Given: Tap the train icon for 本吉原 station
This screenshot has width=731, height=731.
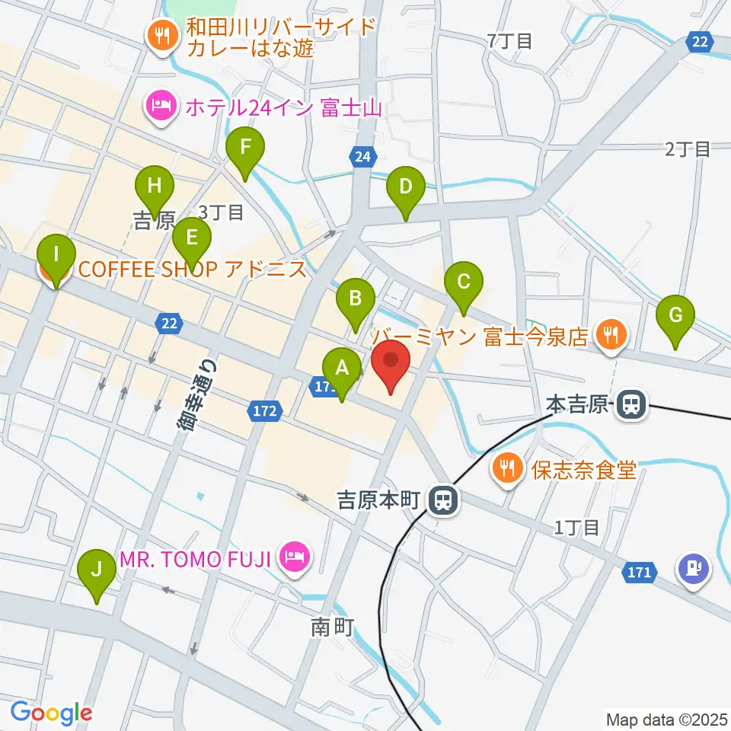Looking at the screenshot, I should (x=631, y=404).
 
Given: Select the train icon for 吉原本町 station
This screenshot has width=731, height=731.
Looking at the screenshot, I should (x=441, y=500).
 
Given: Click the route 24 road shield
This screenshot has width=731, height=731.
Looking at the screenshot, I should (x=364, y=157).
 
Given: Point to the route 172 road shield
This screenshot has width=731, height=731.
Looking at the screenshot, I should (x=262, y=412).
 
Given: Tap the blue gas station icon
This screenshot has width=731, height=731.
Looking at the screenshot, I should (x=694, y=567).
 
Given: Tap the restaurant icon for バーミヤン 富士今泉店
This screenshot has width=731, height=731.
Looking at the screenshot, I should (x=610, y=332).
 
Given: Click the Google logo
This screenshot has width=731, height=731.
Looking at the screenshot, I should (x=52, y=712).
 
